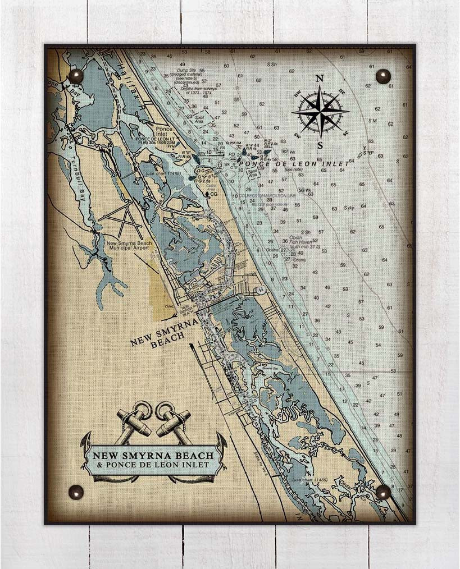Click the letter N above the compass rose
click(x=320, y=79)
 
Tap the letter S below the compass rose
click(x=320, y=145)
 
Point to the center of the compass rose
click(x=320, y=112)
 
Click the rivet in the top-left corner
click(x=75, y=75)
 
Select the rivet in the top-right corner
click(x=383, y=76)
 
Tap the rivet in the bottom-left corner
click(x=75, y=492)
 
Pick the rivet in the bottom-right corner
click(x=383, y=492)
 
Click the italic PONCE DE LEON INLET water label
click(x=293, y=164)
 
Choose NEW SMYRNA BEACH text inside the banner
click(x=152, y=456)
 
